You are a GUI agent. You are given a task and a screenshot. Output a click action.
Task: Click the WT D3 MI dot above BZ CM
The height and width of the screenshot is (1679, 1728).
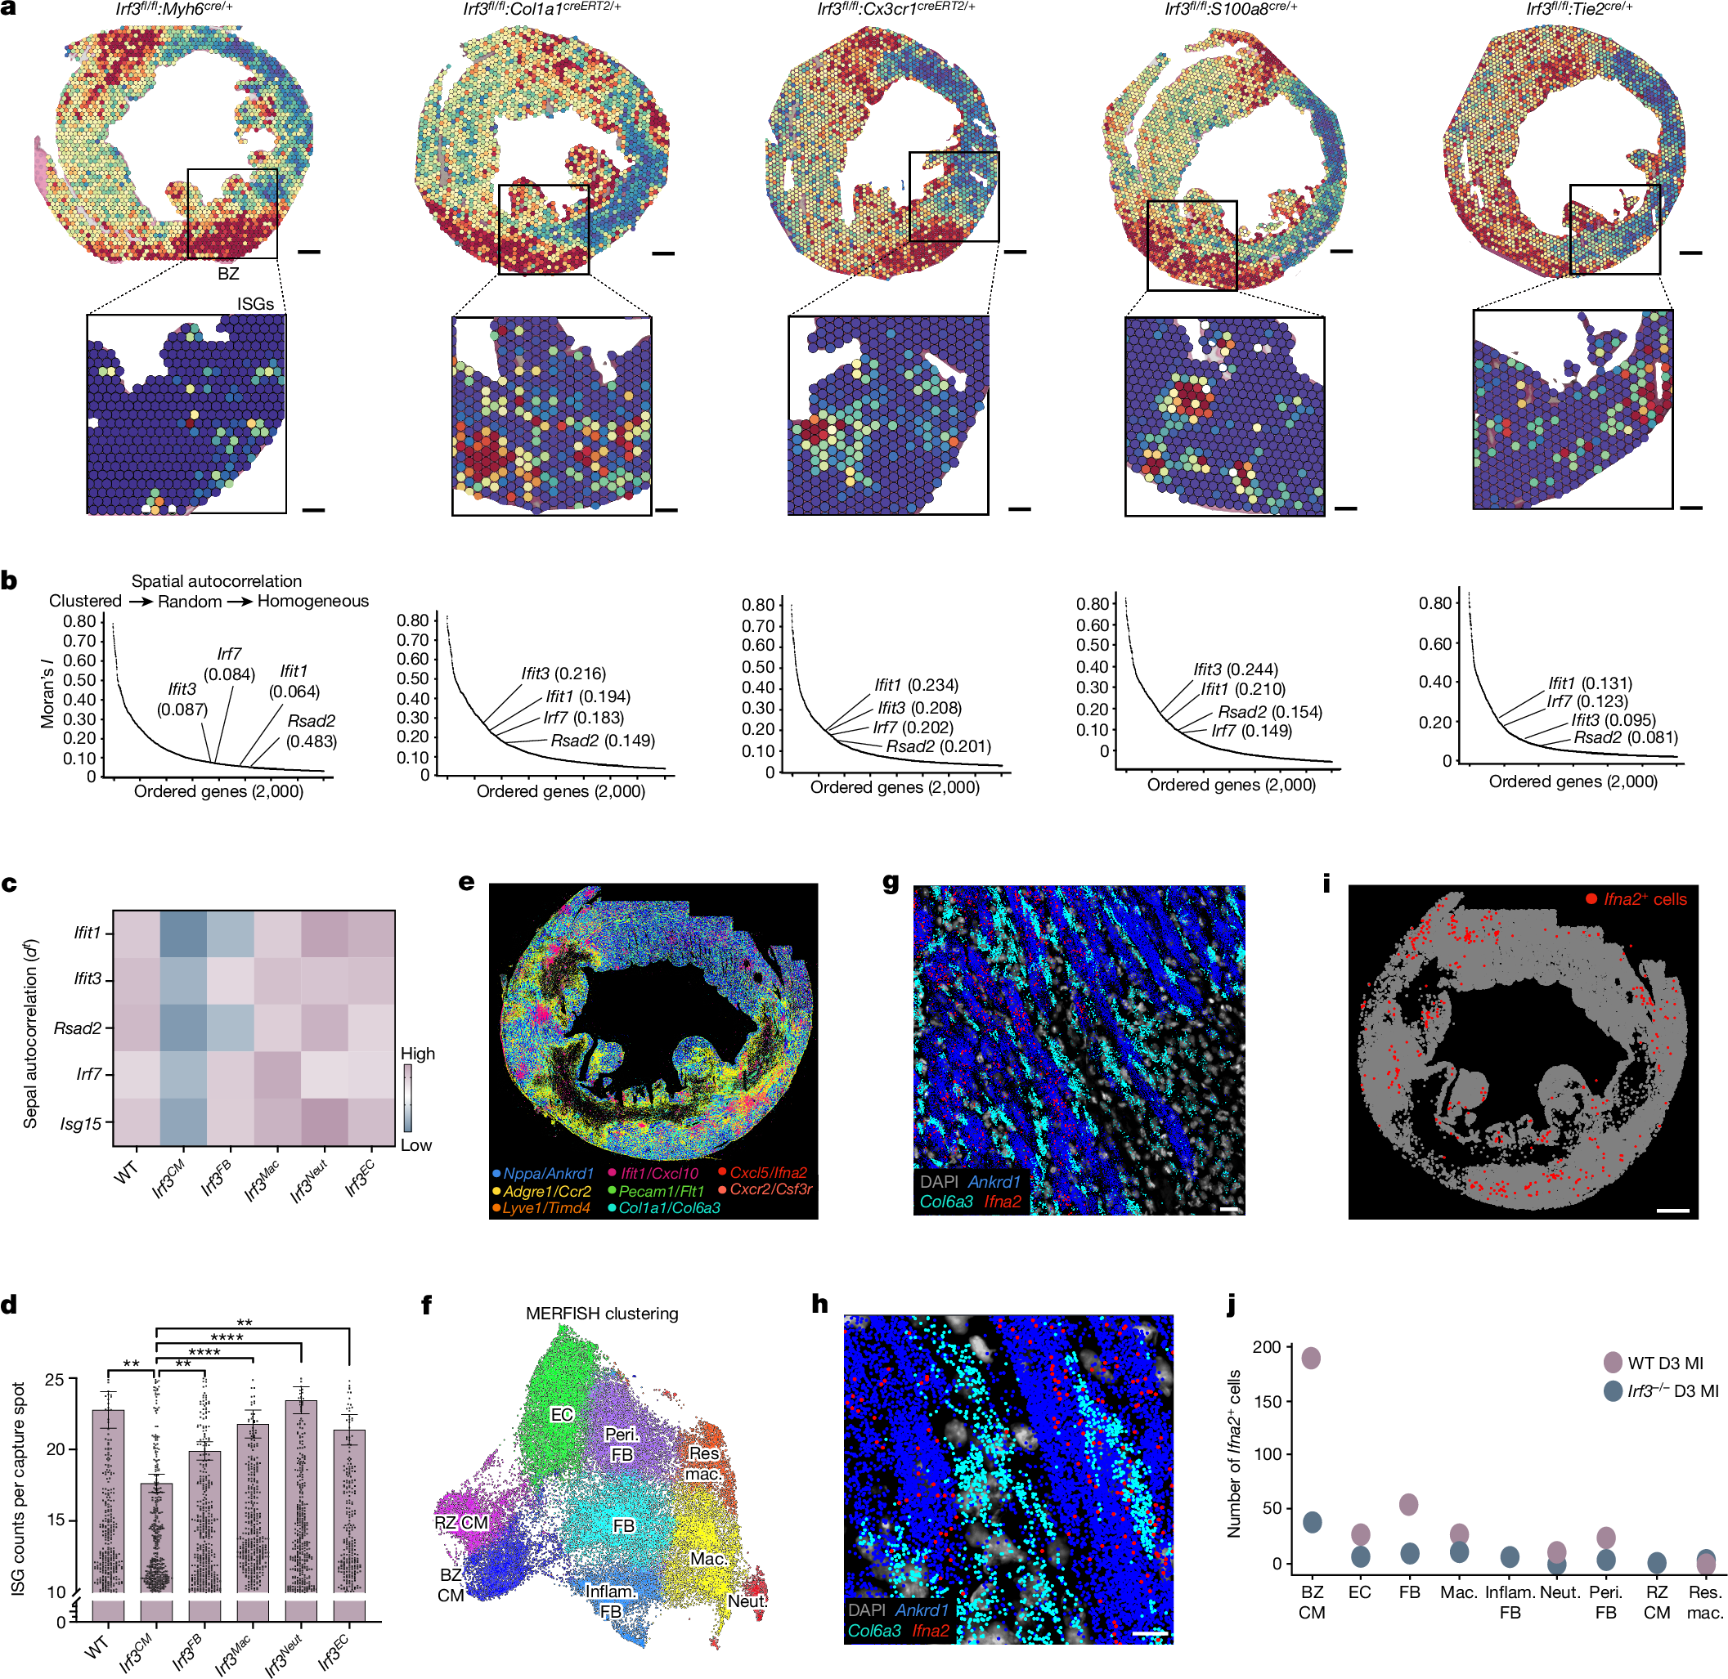pyautogui.click(x=1311, y=1357)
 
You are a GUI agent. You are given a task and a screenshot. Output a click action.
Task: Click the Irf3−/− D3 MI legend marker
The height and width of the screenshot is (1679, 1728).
pyautogui.click(x=1613, y=1390)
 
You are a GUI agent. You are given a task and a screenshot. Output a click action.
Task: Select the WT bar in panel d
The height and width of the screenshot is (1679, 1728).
pyautogui.click(x=109, y=1499)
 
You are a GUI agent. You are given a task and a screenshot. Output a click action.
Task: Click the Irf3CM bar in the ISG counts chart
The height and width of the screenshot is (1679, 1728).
pyautogui.click(x=156, y=1534)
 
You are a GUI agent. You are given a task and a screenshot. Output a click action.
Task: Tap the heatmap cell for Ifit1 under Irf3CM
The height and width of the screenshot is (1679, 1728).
pyautogui.click(x=182, y=933)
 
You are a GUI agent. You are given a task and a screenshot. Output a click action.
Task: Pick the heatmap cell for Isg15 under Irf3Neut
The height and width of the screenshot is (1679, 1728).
pyautogui.click(x=324, y=1122)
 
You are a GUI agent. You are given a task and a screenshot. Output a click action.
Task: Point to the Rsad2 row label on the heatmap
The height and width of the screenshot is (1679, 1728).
pyautogui.click(x=78, y=1028)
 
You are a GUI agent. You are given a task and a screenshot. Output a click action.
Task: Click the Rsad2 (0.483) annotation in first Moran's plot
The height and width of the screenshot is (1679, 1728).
pyautogui.click(x=312, y=731)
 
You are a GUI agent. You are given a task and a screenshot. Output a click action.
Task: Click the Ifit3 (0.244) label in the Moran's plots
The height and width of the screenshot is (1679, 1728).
pyautogui.click(x=1235, y=669)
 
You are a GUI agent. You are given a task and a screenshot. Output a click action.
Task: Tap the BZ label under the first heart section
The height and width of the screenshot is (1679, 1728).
pyautogui.click(x=228, y=273)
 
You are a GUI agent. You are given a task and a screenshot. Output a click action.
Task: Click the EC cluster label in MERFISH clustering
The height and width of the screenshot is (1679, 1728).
pyautogui.click(x=562, y=1414)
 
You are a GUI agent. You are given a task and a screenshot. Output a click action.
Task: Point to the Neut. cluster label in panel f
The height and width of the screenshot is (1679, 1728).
pyautogui.click(x=747, y=1601)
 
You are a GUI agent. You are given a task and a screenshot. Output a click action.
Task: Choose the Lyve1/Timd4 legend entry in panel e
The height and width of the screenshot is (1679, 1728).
pyautogui.click(x=546, y=1208)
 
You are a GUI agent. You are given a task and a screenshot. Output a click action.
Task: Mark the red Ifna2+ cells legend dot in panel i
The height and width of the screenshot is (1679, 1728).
pyautogui.click(x=1591, y=898)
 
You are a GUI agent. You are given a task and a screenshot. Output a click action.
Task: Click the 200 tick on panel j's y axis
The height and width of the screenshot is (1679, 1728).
pyautogui.click(x=1267, y=1346)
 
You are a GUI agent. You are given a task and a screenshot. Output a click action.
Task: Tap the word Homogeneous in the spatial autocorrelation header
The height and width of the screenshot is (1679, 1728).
pyautogui.click(x=312, y=602)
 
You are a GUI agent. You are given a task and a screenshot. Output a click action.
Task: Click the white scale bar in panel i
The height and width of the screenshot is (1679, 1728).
pyautogui.click(x=1672, y=1211)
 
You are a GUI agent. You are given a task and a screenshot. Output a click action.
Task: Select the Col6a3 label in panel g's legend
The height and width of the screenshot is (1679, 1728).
pyautogui.click(x=946, y=1201)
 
